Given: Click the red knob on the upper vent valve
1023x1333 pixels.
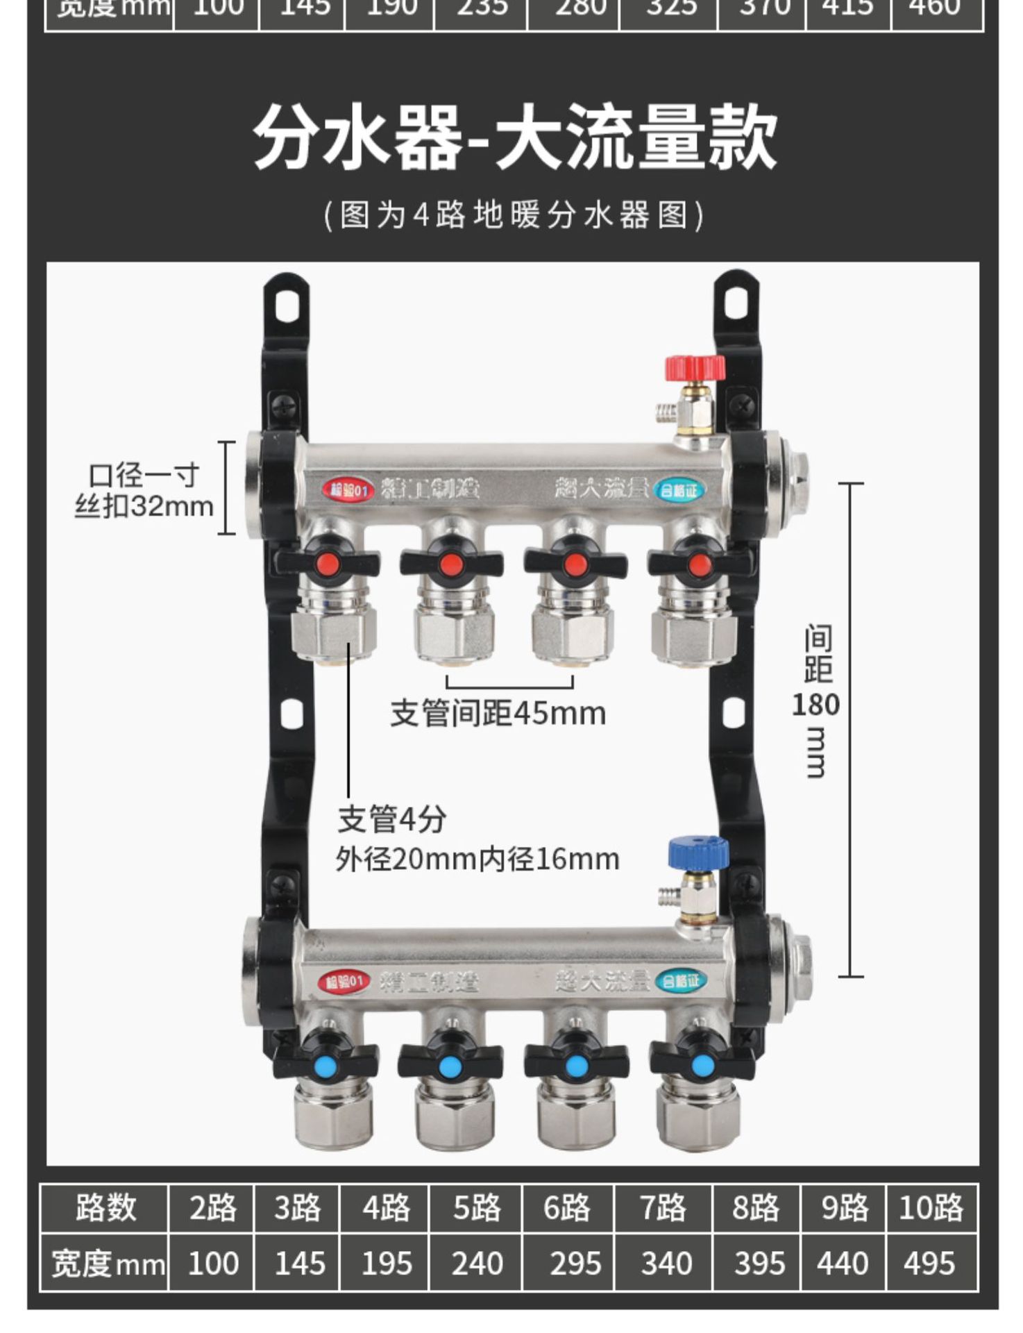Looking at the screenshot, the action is (x=695, y=367).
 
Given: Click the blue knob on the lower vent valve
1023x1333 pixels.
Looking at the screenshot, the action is (x=697, y=853).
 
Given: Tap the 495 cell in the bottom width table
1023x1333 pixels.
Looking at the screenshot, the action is (x=930, y=1263).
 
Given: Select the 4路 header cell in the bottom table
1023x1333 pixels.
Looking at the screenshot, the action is (x=386, y=1208).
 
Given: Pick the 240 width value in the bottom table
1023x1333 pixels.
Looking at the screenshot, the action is (x=477, y=1263).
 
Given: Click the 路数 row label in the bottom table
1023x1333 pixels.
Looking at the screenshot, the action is (x=105, y=1208).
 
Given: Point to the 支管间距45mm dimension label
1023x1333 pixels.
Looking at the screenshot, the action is (x=498, y=713).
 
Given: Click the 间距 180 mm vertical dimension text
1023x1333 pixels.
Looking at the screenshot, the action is (x=816, y=701).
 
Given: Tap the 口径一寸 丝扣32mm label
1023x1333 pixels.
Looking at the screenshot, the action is (x=144, y=491).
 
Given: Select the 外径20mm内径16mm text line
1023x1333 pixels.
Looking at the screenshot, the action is (x=477, y=860).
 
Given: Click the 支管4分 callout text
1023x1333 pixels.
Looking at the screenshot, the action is (x=392, y=819).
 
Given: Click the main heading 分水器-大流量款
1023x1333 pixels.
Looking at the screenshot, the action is (x=514, y=137).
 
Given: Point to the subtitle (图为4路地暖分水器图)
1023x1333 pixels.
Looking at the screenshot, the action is (x=514, y=215).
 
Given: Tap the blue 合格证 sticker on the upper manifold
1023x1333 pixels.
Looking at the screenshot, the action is (x=679, y=491).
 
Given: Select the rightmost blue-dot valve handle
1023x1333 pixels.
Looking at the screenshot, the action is (x=702, y=1064).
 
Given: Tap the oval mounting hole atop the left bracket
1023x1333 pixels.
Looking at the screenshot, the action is (x=286, y=304).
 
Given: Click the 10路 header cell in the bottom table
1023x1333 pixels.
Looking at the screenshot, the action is (x=931, y=1208).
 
